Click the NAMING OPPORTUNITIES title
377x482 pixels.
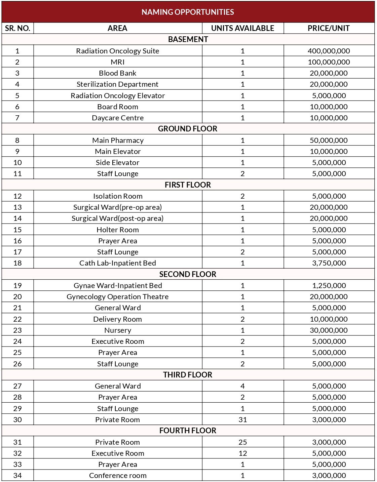click(x=188, y=12)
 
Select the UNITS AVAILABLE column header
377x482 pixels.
click(x=242, y=28)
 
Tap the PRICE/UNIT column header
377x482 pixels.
click(x=329, y=28)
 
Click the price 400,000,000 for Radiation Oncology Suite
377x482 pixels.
click(x=329, y=51)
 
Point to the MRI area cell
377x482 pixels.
click(x=118, y=62)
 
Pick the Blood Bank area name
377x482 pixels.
click(x=118, y=73)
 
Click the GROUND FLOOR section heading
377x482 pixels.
click(x=188, y=129)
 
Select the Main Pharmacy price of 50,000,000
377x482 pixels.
click(x=329, y=140)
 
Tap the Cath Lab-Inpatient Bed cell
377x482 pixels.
click(x=118, y=263)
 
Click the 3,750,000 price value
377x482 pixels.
click(x=329, y=263)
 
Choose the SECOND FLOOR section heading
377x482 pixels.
click(x=188, y=274)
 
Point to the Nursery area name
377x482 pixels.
click(x=118, y=330)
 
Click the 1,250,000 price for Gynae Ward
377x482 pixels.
click(x=329, y=286)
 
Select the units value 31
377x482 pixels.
click(x=242, y=420)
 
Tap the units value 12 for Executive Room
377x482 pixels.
click(x=242, y=453)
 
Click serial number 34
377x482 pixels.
click(x=17, y=476)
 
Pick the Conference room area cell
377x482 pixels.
click(x=118, y=476)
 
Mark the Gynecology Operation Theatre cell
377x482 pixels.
click(x=118, y=297)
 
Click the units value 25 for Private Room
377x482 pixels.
click(x=242, y=442)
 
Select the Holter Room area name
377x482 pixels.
click(x=118, y=230)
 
